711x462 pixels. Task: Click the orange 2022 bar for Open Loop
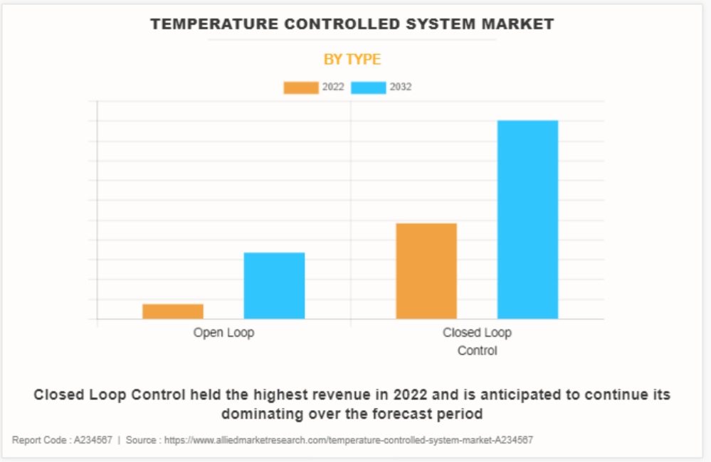[x=173, y=311]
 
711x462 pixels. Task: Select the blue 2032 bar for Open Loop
[x=274, y=285]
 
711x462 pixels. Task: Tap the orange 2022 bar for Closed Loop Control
[x=426, y=271]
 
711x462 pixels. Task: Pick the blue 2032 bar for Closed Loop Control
[x=527, y=219]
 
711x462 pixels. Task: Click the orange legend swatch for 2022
[x=301, y=88]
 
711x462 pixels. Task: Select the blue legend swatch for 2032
[x=369, y=88]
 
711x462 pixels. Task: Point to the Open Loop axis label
[x=223, y=332]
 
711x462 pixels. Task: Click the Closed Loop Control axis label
[x=477, y=342]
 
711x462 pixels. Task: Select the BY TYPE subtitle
[x=352, y=60]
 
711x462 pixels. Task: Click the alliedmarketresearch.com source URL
[x=349, y=441]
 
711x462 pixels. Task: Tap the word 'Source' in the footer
[x=142, y=441]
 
